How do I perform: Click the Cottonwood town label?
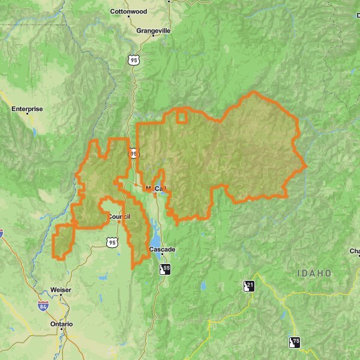tap(128, 11)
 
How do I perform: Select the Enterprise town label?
tap(28, 109)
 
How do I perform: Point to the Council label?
tap(119, 217)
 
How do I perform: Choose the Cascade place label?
tap(162, 249)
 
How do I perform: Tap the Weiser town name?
tap(61, 290)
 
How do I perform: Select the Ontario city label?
tap(61, 324)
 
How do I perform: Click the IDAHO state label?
tap(314, 273)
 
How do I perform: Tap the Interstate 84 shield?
tap(43, 307)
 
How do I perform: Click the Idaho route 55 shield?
tap(165, 268)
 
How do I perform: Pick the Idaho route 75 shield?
tap(294, 342)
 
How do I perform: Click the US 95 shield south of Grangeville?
tap(133, 59)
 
